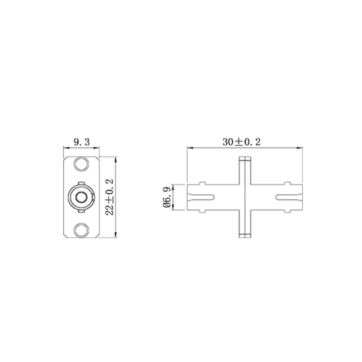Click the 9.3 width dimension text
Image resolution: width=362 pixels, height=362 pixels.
pos(81,142)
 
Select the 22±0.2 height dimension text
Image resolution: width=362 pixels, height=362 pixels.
pos(109,196)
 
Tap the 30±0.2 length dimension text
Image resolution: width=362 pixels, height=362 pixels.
pos(242,142)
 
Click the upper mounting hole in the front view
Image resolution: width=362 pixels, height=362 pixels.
pos(82,164)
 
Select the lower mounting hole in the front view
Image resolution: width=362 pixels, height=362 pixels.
pos(82,229)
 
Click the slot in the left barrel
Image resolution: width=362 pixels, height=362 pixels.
pos(202,197)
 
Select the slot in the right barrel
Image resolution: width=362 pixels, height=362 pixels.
pos(287,197)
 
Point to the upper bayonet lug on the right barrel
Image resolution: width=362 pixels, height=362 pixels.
pos(286,183)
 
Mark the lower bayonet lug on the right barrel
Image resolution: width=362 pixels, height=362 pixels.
pos(286,211)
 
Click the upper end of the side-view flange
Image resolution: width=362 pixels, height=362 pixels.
pos(245,159)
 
